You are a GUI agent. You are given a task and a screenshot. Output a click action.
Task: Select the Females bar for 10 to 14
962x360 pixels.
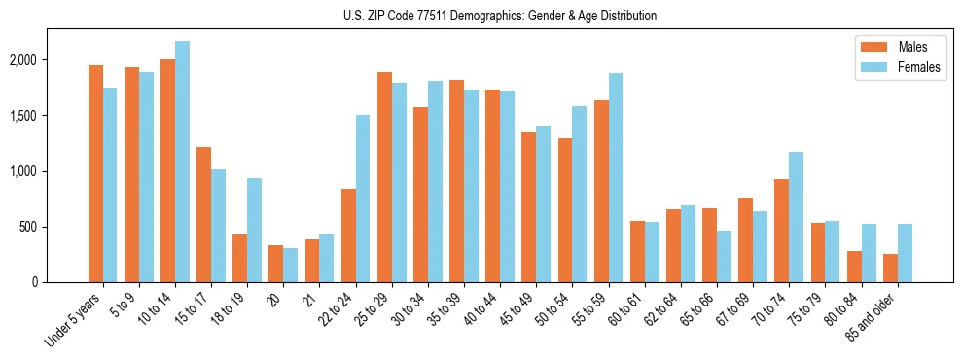click(182, 162)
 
